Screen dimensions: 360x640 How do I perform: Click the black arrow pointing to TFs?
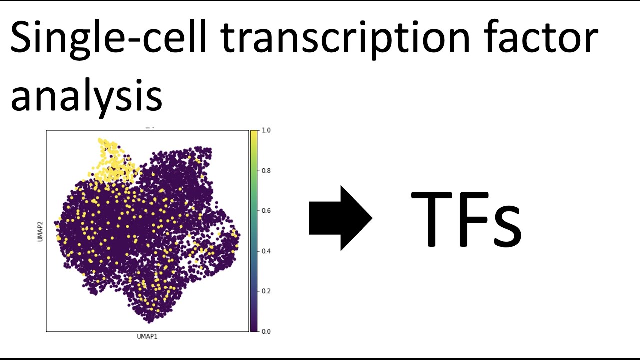pos(340,218)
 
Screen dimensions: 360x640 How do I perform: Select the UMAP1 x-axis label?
pos(147,337)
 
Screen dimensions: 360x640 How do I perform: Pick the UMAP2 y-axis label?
pos(40,231)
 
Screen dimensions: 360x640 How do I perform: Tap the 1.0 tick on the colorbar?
pos(266,130)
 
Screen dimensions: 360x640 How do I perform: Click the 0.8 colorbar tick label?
pos(266,171)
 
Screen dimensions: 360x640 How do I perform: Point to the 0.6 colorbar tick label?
pos(266,211)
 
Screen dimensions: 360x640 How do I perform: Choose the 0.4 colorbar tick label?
pos(266,251)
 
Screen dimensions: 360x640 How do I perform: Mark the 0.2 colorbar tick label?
pos(266,291)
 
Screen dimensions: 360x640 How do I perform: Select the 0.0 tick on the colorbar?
pos(266,331)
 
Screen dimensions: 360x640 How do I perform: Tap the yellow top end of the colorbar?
pos(254,134)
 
